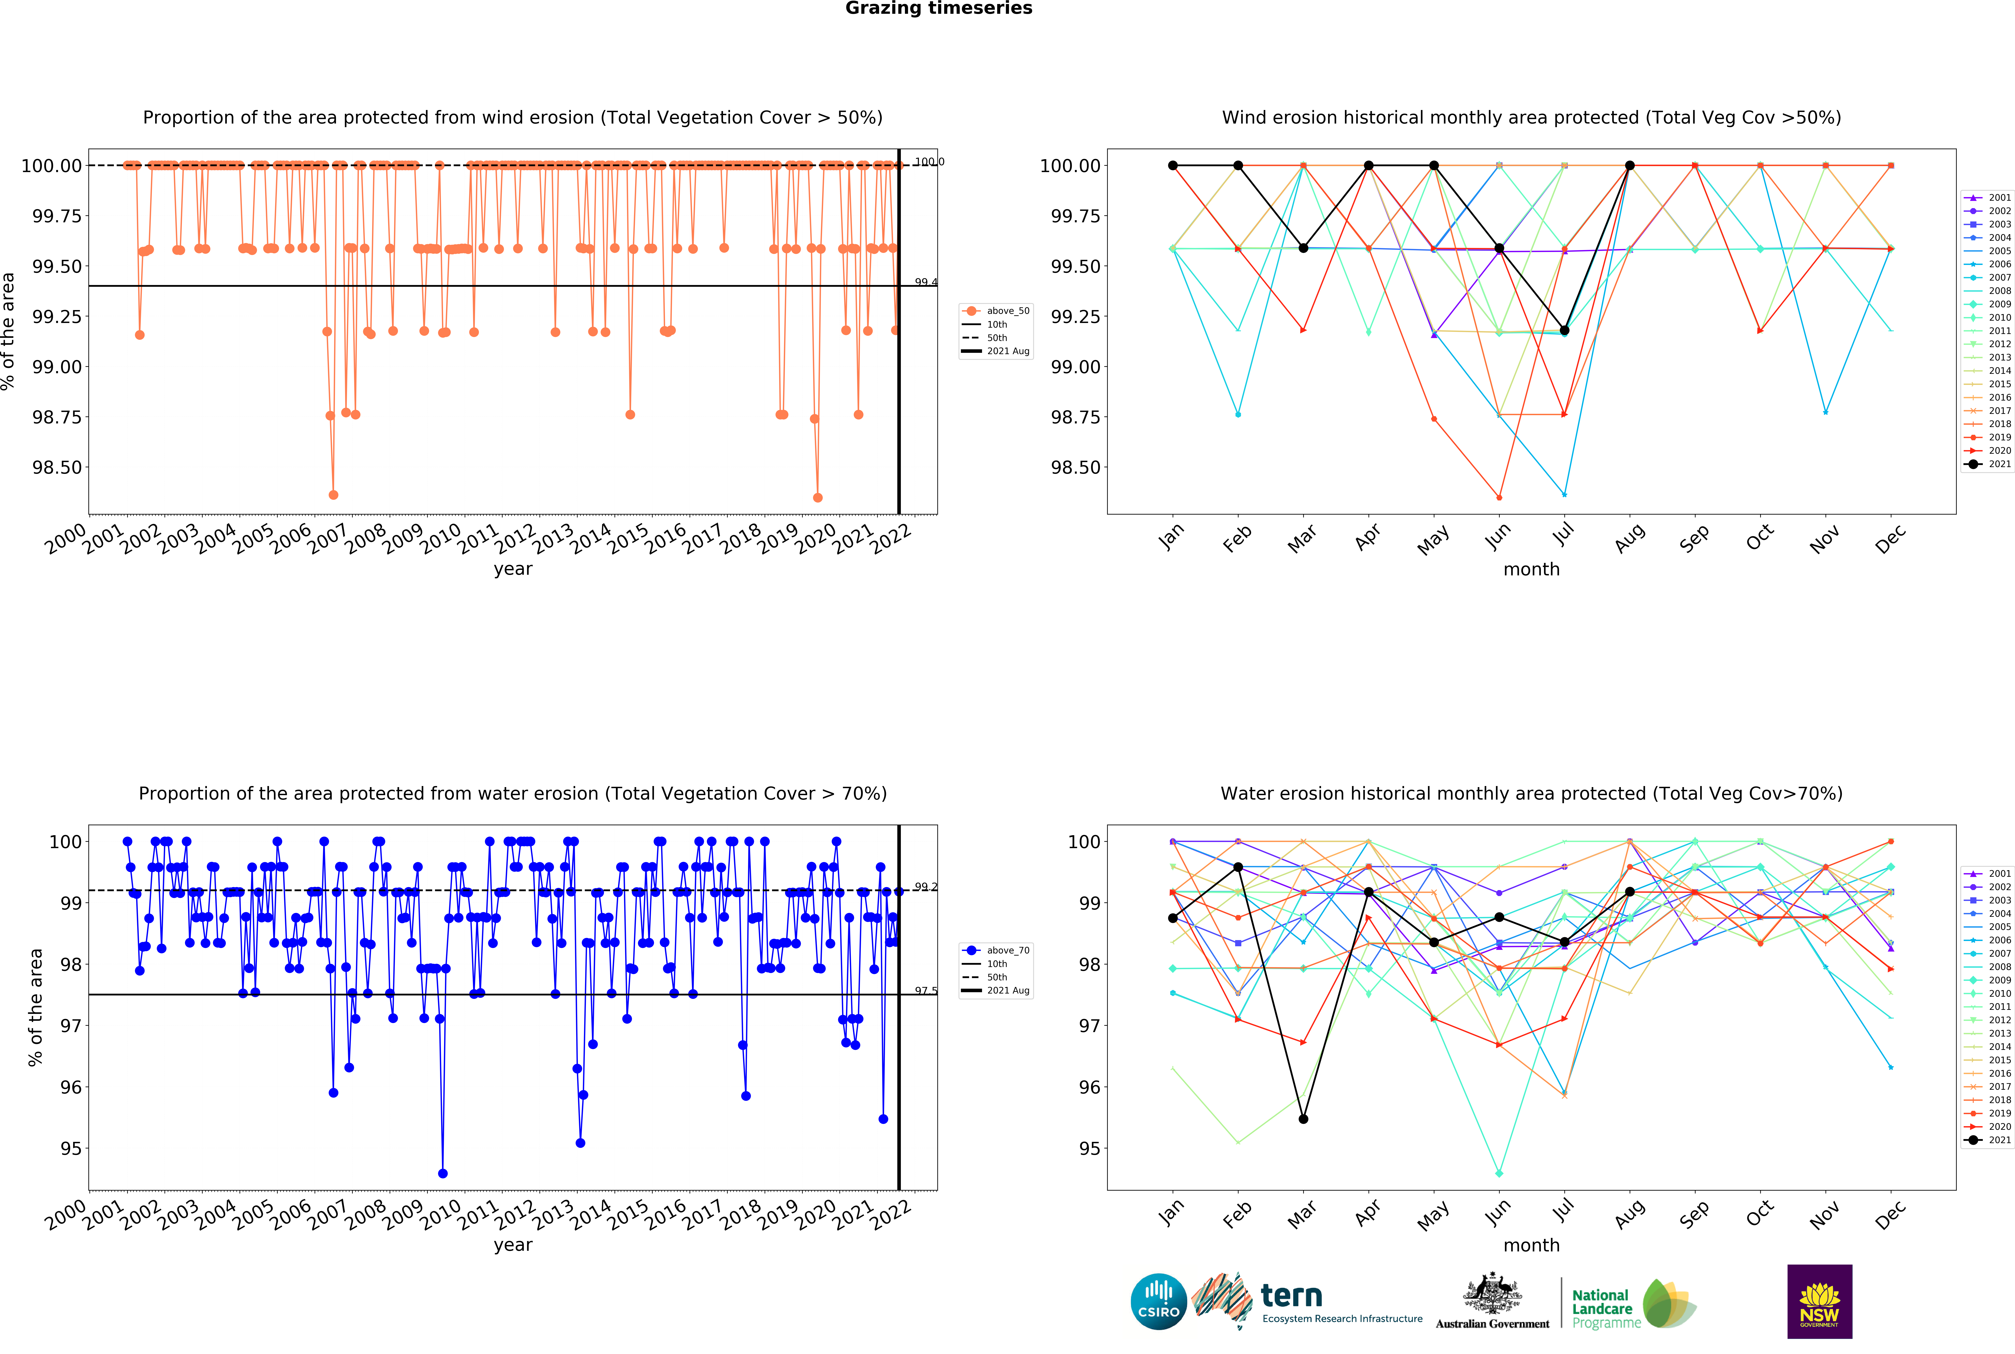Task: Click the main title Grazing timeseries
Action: [x=938, y=9]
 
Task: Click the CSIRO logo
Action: [x=1158, y=1301]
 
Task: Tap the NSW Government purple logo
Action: [x=1819, y=1301]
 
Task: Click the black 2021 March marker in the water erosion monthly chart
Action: [x=1303, y=1119]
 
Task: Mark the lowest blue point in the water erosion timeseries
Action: [x=443, y=1173]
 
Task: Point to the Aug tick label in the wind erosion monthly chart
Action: [x=1629, y=539]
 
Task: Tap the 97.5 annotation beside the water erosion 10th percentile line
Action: [x=926, y=991]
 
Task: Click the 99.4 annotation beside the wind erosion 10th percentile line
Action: [x=926, y=282]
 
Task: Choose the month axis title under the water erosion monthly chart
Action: [x=1531, y=1245]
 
